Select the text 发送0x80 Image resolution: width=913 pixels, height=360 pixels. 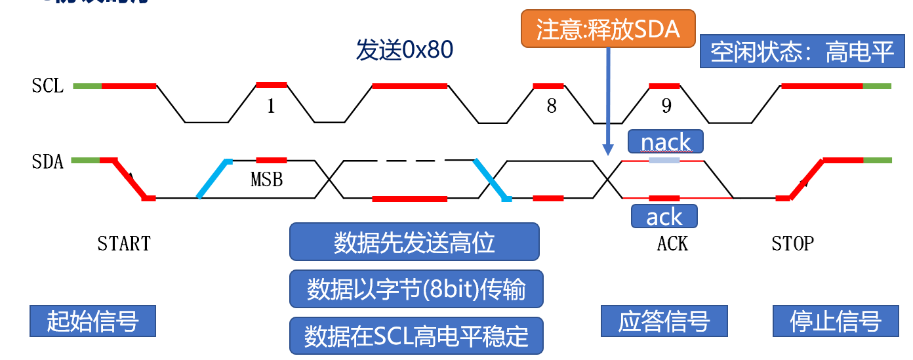[x=405, y=50]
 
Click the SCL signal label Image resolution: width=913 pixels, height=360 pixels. [x=48, y=86]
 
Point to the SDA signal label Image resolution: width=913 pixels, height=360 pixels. [x=48, y=161]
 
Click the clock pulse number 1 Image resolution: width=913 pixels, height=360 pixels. [x=271, y=106]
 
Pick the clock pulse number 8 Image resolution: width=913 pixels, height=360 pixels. [x=552, y=106]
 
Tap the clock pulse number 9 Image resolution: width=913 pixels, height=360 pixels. [x=666, y=106]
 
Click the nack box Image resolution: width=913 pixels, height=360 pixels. [x=665, y=142]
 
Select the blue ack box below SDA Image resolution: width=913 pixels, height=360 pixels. [x=664, y=216]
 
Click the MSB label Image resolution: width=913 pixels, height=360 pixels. [x=267, y=179]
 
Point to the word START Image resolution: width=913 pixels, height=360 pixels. [x=124, y=244]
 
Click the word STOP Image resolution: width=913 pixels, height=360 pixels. [x=792, y=244]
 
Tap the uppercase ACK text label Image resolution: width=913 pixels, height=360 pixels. [x=672, y=244]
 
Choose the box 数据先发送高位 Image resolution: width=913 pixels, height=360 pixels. [x=414, y=242]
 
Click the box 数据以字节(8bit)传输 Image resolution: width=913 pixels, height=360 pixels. [x=416, y=289]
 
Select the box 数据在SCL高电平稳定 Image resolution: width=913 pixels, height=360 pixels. [x=416, y=336]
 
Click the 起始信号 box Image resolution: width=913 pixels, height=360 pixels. [x=92, y=321]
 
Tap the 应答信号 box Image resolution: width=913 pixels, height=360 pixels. [x=664, y=321]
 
